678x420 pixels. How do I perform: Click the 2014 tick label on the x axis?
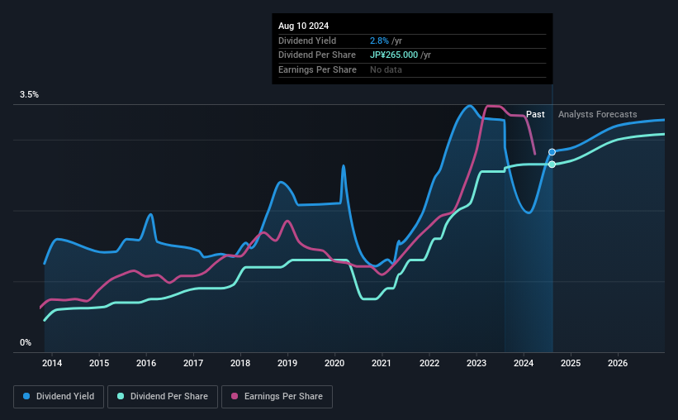(x=52, y=363)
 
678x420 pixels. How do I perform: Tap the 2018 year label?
(x=240, y=363)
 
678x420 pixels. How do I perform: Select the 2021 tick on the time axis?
(x=382, y=363)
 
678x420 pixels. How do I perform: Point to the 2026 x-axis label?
(x=618, y=363)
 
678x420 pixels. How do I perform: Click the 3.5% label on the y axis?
(x=30, y=95)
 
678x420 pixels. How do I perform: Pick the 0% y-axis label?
(x=26, y=342)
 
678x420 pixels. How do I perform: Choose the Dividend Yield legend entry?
(x=59, y=397)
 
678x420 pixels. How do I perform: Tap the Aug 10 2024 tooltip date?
(x=303, y=26)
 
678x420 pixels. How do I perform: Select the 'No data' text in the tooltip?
(x=386, y=70)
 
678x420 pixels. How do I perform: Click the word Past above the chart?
(x=535, y=115)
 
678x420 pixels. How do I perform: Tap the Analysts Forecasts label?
(x=597, y=115)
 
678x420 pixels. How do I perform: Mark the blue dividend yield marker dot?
(x=552, y=152)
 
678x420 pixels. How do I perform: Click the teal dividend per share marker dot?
(x=552, y=165)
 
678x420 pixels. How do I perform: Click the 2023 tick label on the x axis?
(x=476, y=363)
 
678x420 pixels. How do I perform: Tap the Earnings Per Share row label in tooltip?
(x=318, y=70)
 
